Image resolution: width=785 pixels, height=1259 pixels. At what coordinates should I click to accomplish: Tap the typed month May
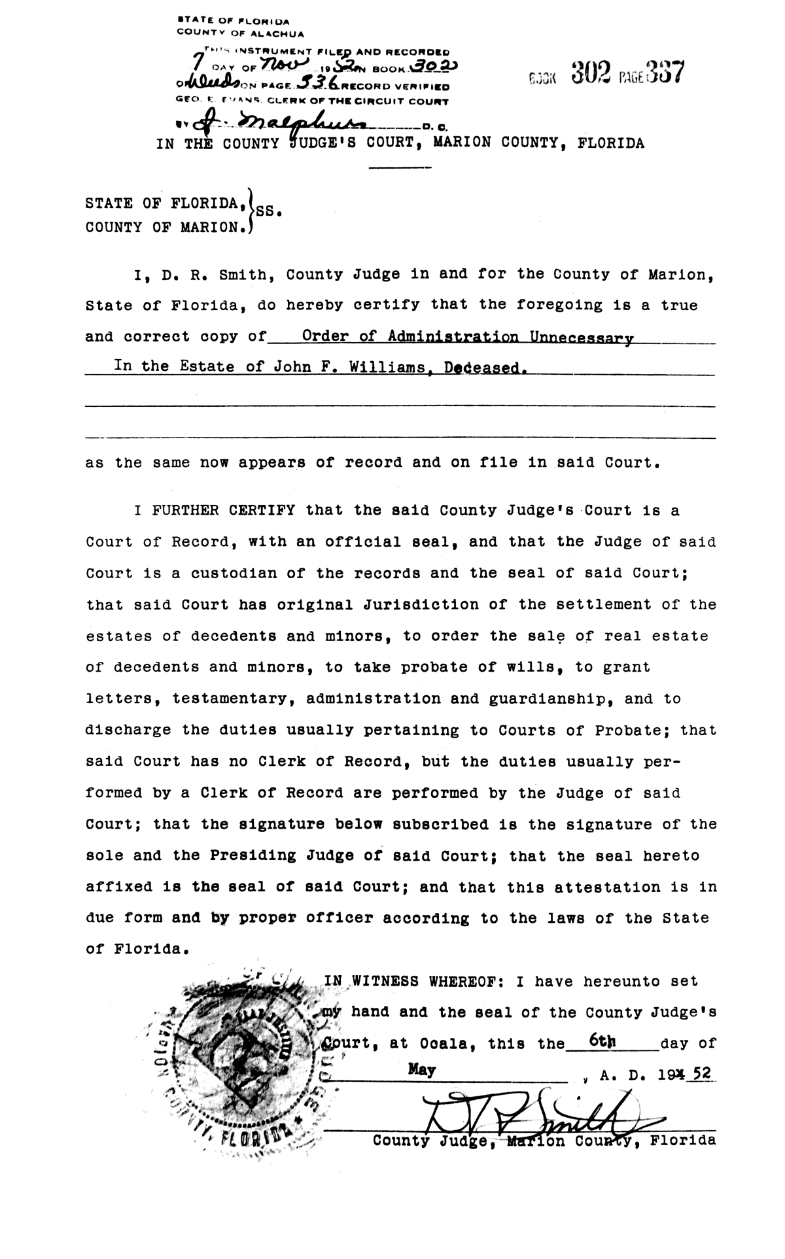pyautogui.click(x=421, y=1070)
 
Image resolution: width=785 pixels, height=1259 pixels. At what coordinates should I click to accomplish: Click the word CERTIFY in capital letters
pyautogui.click(x=258, y=510)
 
